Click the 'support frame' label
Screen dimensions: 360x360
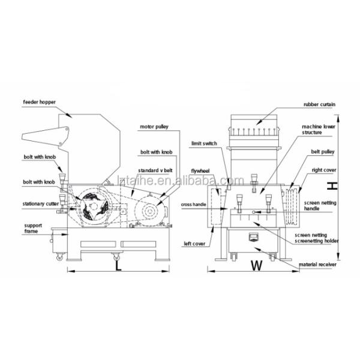[x=33, y=227]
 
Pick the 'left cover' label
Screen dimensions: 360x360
[x=194, y=244]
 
